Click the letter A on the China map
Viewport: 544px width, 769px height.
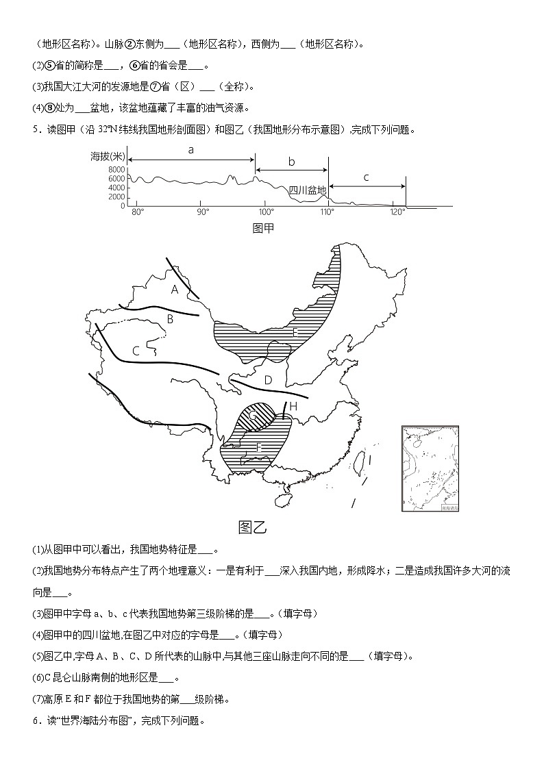175,290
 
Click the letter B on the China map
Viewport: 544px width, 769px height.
171,318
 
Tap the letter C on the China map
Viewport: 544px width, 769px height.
136,351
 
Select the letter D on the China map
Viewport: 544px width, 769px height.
269,380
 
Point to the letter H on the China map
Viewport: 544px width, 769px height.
293,406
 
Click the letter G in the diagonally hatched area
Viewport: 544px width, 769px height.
253,416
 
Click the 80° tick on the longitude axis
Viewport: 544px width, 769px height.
137,212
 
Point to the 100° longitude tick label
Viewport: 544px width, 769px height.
267,212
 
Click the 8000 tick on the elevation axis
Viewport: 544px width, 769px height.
116,169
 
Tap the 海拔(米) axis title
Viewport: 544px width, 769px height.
108,156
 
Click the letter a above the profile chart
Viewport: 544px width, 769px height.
190,149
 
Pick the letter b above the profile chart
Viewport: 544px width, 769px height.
291,162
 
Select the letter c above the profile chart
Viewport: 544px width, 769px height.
366,177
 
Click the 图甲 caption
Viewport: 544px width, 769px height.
263,228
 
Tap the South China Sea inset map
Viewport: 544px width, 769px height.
430,468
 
